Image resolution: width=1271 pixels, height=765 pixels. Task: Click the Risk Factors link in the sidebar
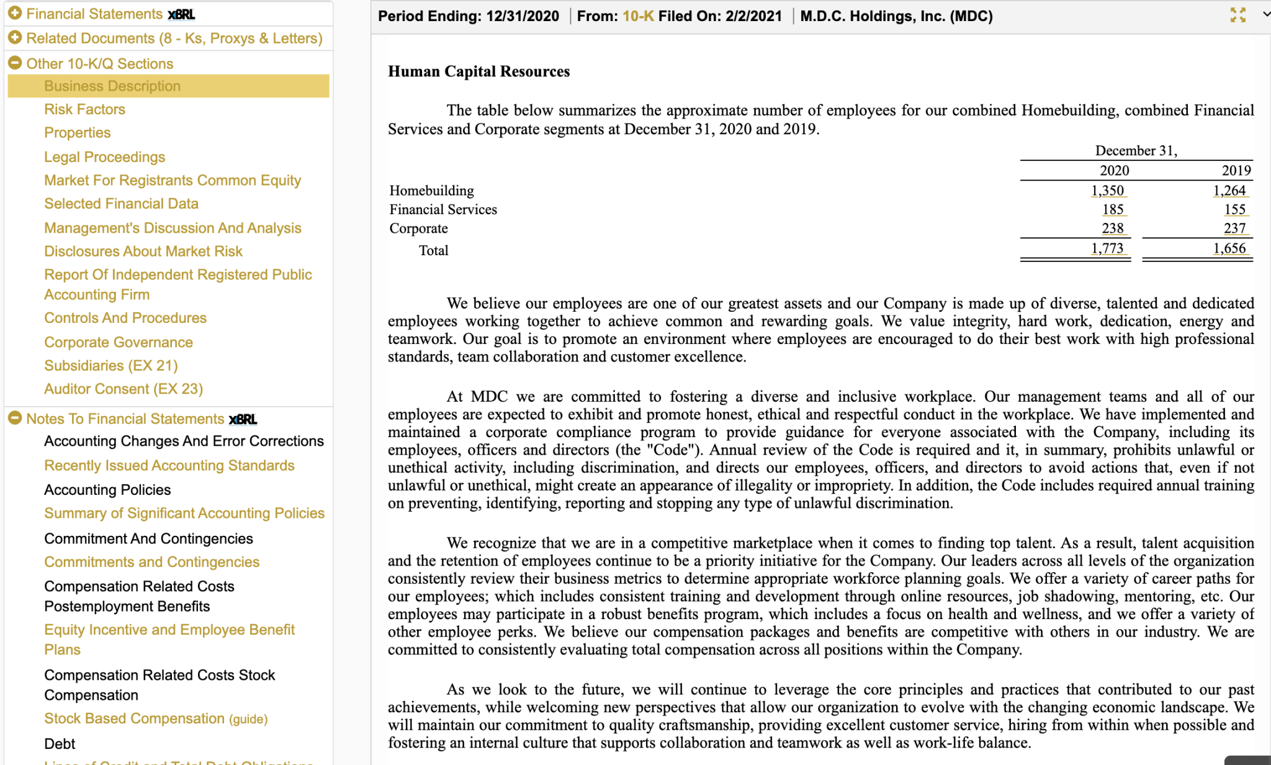tap(84, 109)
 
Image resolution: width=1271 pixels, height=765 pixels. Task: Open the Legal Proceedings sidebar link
tap(104, 157)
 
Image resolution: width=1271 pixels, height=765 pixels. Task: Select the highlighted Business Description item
tap(112, 86)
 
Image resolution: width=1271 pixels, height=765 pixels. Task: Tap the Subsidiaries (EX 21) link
tap(110, 366)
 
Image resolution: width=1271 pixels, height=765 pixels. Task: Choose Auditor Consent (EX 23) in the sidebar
tap(124, 389)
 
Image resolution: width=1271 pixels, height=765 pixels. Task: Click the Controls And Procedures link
tap(125, 318)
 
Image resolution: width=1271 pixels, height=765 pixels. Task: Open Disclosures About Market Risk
tap(143, 251)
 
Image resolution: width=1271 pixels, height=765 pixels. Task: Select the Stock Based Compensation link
tap(134, 718)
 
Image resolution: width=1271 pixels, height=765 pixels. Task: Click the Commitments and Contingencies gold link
tap(151, 562)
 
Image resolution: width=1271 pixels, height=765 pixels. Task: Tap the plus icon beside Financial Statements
tap(15, 13)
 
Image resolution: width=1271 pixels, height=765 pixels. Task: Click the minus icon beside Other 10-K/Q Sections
tap(15, 63)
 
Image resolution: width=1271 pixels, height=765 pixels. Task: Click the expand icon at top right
tap(1237, 16)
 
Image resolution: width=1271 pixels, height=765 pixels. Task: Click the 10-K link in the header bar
tap(638, 16)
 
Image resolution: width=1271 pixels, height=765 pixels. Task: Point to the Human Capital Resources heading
tap(478, 71)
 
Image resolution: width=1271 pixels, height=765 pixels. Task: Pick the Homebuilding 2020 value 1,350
tap(1107, 191)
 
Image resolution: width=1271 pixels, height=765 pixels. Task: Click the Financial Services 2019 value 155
tap(1234, 210)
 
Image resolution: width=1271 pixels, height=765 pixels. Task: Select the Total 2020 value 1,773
tap(1107, 248)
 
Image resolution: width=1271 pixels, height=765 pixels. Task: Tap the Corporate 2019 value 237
tap(1234, 229)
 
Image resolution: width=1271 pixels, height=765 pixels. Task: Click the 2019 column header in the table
tap(1236, 171)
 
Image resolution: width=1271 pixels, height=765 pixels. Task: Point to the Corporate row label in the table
tap(418, 229)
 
